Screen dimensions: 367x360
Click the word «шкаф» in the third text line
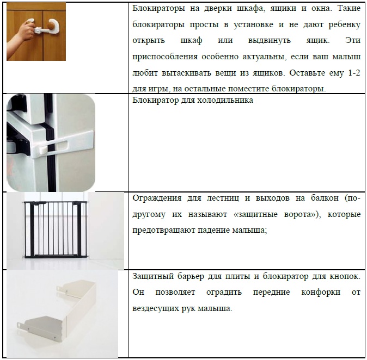191,40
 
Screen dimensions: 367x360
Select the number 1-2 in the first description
354,73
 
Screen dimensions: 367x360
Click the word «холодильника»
225,100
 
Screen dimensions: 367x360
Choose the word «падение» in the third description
213,231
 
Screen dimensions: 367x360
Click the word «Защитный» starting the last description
152,276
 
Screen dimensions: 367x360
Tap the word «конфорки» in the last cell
321,292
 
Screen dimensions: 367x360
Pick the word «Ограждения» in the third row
157,198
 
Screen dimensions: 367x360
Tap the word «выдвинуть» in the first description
270,40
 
